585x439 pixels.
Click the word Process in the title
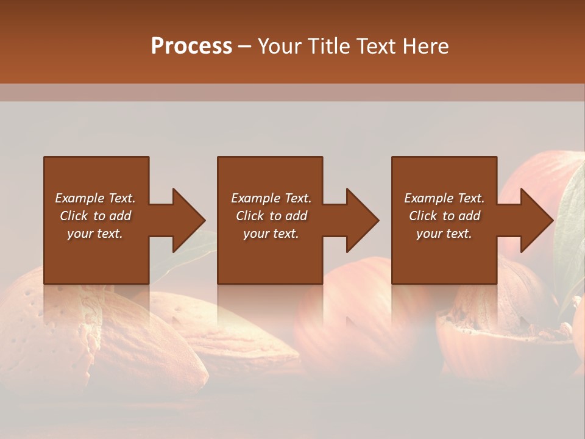click(x=191, y=46)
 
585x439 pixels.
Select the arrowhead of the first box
click(x=189, y=220)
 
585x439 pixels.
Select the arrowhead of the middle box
click(x=363, y=220)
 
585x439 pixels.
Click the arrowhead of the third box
click(x=537, y=220)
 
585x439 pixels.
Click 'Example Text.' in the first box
click(x=95, y=198)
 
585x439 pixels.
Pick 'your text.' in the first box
click(x=95, y=234)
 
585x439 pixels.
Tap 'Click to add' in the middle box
click(x=271, y=216)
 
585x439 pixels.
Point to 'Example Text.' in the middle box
click(x=271, y=198)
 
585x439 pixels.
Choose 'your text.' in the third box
click(x=444, y=234)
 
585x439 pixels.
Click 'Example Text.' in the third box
click(x=444, y=198)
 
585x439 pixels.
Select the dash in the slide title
click(x=244, y=47)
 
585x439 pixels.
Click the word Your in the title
click(x=278, y=46)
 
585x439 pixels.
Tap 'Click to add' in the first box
click(x=95, y=216)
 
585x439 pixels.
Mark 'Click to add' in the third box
click(x=444, y=216)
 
